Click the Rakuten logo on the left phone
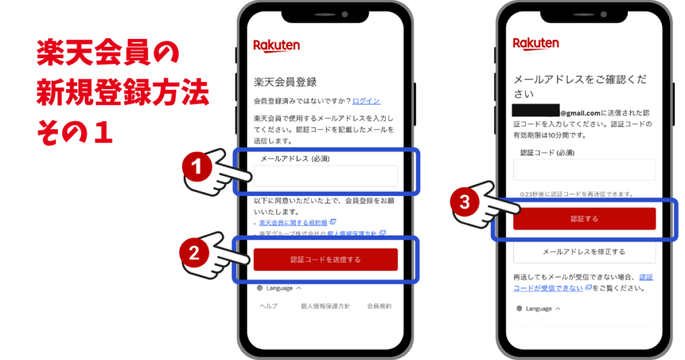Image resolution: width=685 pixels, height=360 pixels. pos(276,46)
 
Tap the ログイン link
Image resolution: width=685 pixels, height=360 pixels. pos(366,101)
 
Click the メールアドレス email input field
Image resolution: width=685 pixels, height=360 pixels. pos(325,176)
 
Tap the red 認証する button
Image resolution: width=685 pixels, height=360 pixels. pos(584,219)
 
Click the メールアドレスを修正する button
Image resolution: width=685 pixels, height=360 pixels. pos(584,252)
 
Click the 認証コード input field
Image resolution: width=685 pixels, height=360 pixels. pos(584,170)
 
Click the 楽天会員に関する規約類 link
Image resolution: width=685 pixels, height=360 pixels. pos(293,222)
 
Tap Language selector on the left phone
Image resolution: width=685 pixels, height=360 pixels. pos(280,288)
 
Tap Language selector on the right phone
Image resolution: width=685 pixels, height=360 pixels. pos(539,308)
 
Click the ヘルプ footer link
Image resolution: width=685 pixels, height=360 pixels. pos(269,306)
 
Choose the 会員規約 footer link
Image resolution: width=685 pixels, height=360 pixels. pos(379,306)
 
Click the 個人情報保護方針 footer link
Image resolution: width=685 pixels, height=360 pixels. pos(325,306)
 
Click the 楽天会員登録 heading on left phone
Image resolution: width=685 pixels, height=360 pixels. pos(284,82)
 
